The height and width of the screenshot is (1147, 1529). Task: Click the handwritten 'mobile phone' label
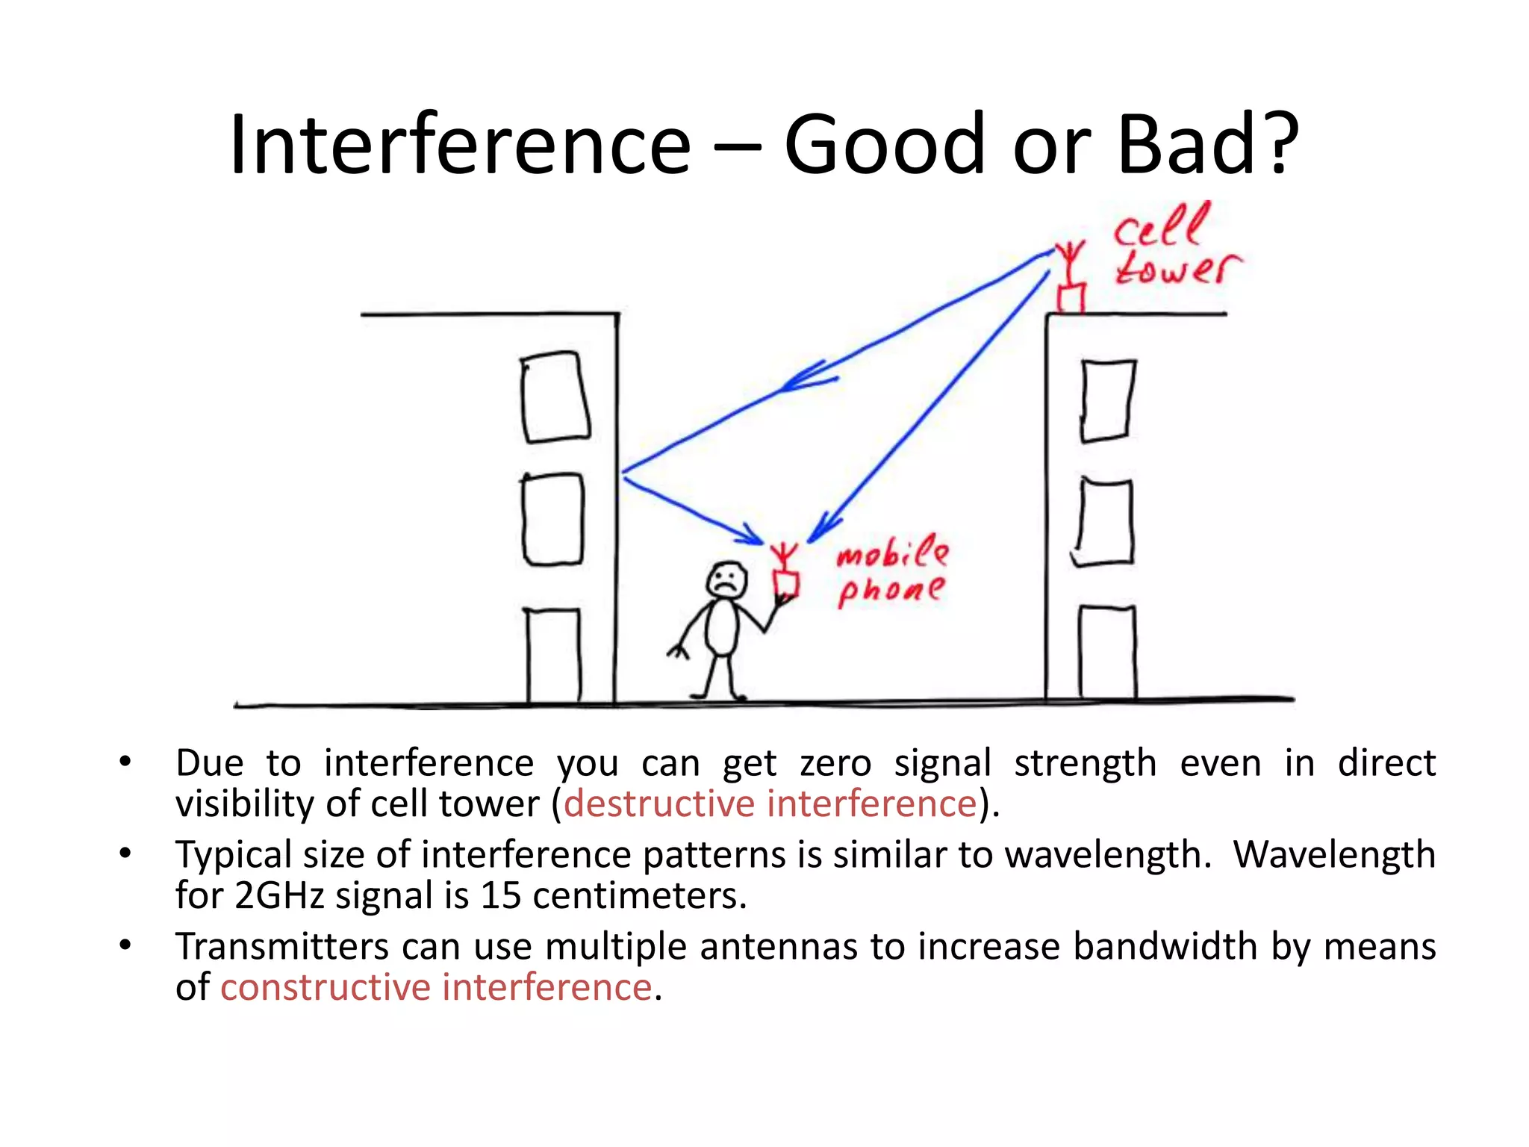point(891,572)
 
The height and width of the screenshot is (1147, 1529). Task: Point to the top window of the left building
point(555,397)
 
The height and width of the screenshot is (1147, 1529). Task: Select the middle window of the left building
point(552,520)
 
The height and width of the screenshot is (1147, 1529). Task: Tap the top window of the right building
point(1108,400)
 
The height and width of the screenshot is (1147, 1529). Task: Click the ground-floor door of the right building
point(1107,653)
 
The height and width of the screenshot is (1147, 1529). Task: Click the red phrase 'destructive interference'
point(770,804)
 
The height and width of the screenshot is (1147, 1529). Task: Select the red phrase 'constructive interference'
point(436,987)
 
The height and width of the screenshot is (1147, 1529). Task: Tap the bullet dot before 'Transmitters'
point(125,945)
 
